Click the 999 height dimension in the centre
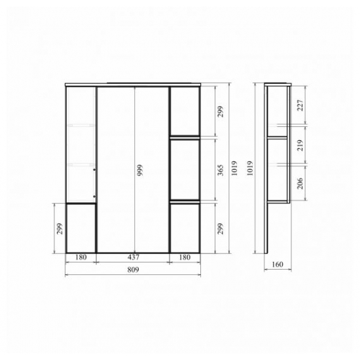tap(139, 170)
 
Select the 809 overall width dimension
tap(133, 270)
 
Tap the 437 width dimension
tap(133, 257)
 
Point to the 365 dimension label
tap(221, 170)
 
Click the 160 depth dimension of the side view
tap(278, 264)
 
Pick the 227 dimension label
tap(300, 105)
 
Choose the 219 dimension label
tap(300, 145)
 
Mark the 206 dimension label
tap(300, 183)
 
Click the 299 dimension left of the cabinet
tap(60, 228)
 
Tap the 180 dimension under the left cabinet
tap(81, 257)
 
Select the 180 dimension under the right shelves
tap(185, 257)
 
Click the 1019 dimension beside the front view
tap(234, 168)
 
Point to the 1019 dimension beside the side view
tap(250, 168)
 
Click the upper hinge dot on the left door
tap(94, 170)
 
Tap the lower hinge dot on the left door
tap(94, 196)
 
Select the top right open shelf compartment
tap(185, 111)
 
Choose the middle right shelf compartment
tap(185, 170)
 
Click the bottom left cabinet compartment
tap(81, 228)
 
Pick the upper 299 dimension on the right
tap(221, 111)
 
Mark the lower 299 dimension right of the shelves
tap(221, 228)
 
